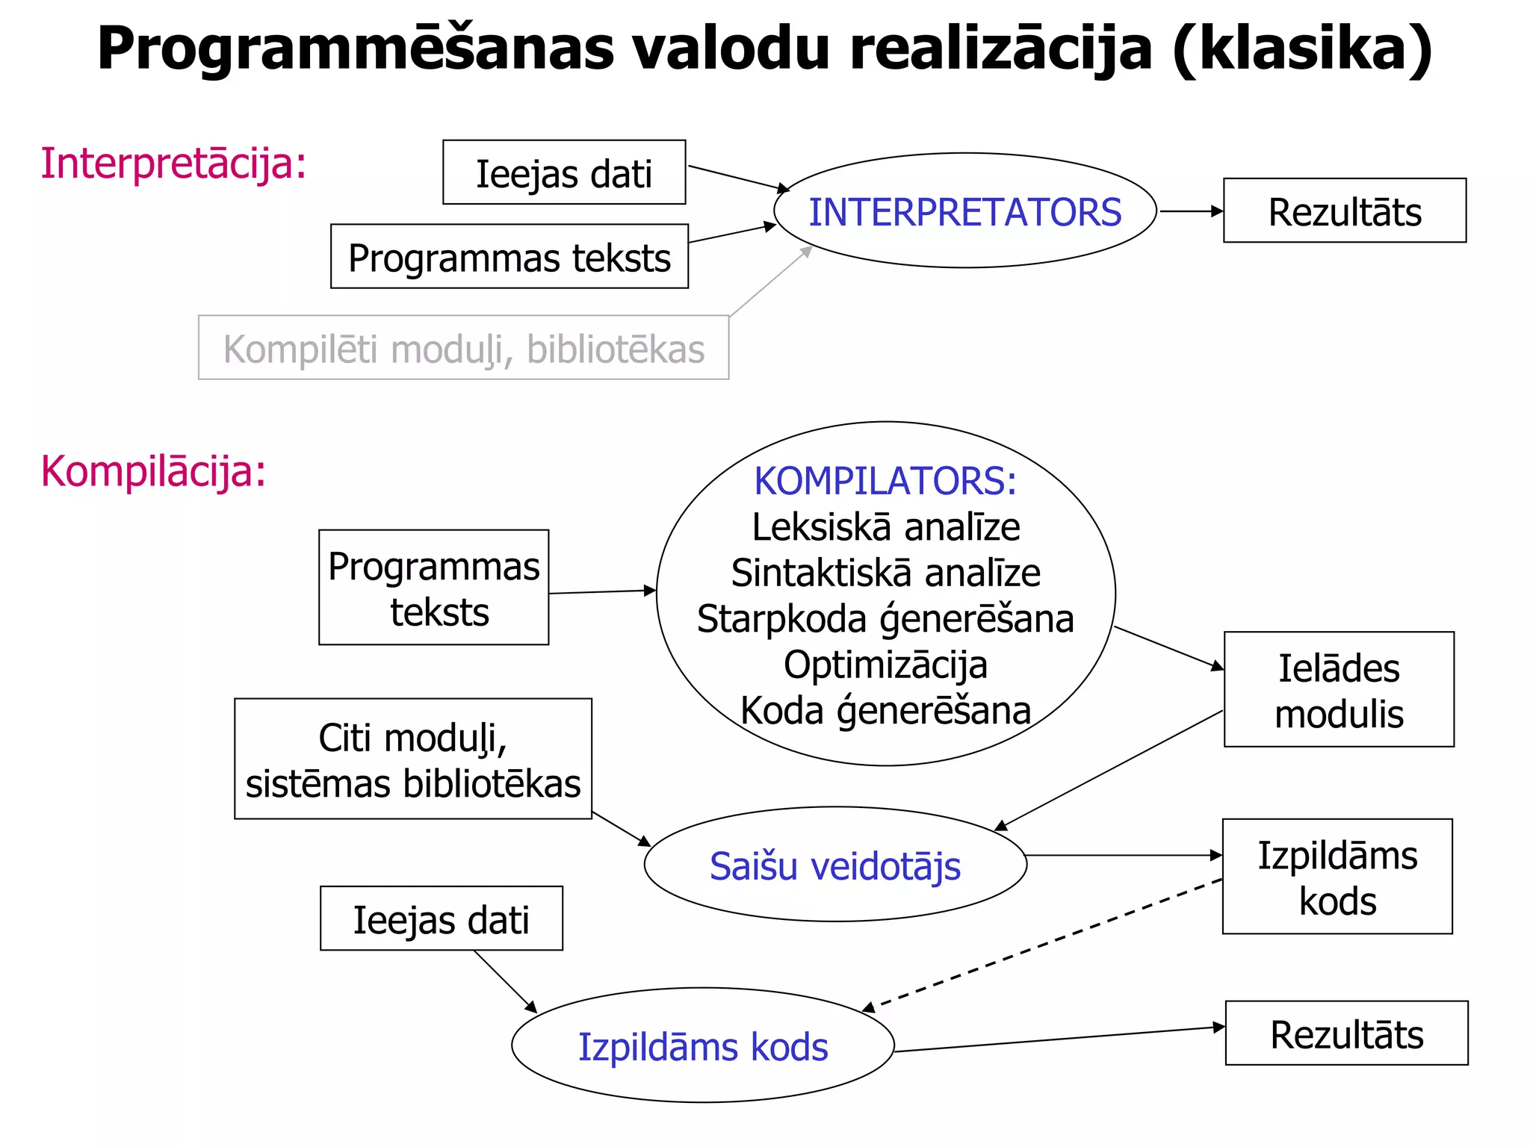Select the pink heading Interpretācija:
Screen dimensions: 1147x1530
173,164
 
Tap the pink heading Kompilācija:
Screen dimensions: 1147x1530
153,472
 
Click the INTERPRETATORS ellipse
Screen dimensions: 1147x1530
964,211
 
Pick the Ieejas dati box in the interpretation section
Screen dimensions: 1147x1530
564,173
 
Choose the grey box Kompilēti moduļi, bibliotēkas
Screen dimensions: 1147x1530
463,348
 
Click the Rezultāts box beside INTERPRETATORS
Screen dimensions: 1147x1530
1344,211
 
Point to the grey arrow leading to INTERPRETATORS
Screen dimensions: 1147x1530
770,281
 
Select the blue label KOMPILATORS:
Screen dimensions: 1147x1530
885,481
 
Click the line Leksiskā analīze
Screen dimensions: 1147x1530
885,527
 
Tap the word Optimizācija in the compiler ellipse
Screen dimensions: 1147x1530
885,665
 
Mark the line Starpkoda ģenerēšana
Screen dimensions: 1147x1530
885,619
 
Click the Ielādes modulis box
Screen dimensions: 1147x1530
1338,690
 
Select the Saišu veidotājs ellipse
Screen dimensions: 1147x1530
834,865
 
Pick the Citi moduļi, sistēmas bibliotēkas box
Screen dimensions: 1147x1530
412,759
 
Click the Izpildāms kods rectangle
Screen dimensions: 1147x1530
1337,877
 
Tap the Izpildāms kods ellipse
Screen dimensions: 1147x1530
702,1046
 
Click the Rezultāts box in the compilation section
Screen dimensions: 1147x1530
1346,1034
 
